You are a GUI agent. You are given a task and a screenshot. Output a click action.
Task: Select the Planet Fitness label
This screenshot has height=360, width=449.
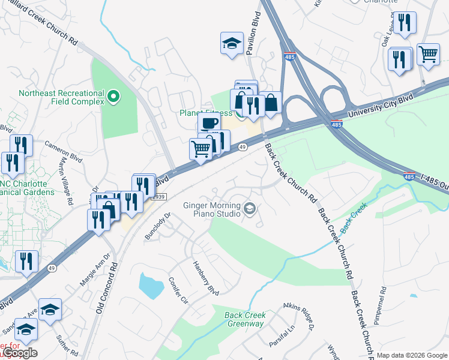[x=204, y=112]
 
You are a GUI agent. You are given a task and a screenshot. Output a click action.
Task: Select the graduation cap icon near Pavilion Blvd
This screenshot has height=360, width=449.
[x=232, y=44]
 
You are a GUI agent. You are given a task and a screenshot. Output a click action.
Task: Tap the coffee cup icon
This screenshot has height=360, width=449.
[x=209, y=123]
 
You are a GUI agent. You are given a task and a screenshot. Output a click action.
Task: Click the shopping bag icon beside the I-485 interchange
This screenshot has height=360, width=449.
[x=271, y=103]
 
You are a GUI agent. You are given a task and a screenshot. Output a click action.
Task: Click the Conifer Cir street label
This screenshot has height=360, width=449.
[x=179, y=290]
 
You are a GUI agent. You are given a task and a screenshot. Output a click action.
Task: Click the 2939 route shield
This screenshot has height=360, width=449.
[x=157, y=196]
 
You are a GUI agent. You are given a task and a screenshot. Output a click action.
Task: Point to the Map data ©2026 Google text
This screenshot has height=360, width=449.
[x=411, y=355]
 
